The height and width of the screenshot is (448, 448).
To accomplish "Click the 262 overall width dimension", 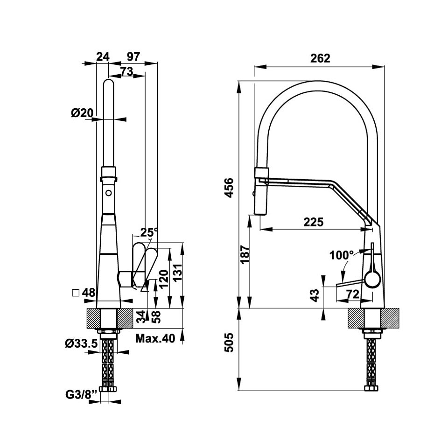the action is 320,58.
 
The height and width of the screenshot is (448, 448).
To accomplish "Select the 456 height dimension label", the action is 229,188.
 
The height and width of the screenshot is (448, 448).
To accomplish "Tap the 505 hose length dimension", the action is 229,342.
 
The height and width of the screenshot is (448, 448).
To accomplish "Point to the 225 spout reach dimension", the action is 314,222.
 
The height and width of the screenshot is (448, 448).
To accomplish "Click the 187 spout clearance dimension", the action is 245,254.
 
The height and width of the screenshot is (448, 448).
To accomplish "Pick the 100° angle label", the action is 342,255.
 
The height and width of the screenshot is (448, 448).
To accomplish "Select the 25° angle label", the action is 149,232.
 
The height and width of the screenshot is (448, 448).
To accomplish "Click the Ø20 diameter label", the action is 82,113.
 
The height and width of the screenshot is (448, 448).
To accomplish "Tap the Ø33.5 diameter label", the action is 81,343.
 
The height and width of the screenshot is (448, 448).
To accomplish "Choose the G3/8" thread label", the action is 81,395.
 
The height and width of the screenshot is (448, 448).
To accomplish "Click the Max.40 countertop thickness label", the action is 155,339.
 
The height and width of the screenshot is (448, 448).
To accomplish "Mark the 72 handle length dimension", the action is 353,294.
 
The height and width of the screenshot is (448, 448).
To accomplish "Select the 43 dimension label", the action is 314,295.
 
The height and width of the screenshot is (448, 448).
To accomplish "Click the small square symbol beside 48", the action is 76,293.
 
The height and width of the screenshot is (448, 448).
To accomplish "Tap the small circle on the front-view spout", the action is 109,193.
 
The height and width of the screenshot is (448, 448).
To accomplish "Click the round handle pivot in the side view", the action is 372,280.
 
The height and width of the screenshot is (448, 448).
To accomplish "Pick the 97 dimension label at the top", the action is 133,56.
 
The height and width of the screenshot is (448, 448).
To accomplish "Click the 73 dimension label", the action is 127,71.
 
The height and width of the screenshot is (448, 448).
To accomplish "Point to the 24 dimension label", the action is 103,56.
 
